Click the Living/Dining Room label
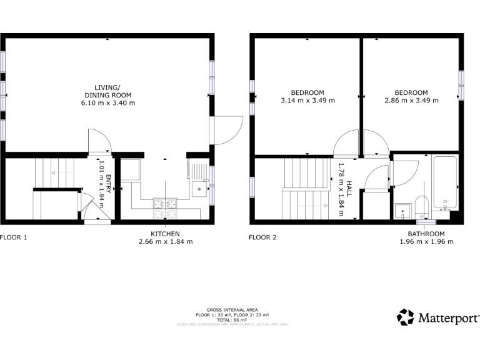110,91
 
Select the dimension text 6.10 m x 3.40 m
110,102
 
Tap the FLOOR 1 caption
14,237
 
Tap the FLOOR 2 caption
262,237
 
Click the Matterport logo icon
405,317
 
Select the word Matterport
447,317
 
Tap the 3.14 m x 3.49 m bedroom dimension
307,100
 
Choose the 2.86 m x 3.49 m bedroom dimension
411,100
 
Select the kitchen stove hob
166,208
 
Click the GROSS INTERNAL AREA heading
232,310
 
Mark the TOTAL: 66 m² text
232,319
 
